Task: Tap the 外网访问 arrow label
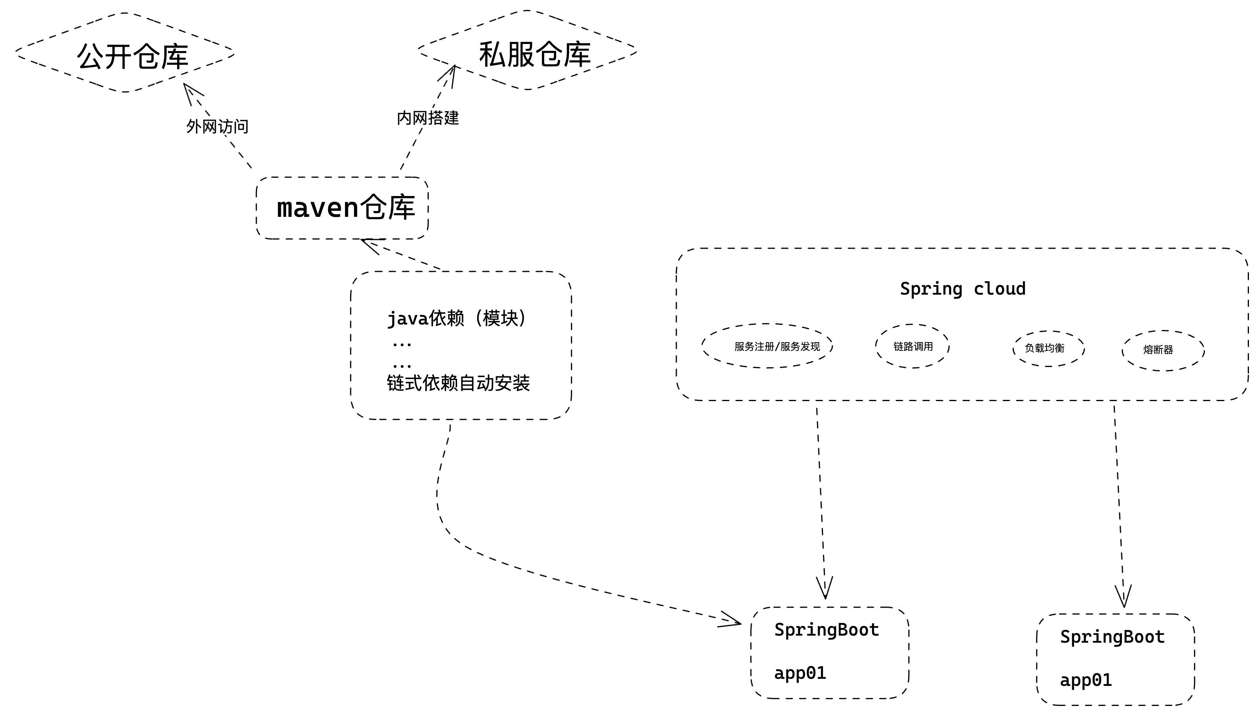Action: click(217, 126)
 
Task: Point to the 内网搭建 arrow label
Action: click(428, 117)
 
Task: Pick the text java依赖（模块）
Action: click(457, 318)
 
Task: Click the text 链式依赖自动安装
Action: click(458, 383)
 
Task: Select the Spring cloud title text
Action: click(962, 288)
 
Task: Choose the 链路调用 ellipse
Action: click(913, 346)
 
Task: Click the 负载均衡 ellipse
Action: click(1048, 348)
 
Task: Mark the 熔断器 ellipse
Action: click(1163, 350)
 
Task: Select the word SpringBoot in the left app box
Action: click(826, 630)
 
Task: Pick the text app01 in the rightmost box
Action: click(1085, 680)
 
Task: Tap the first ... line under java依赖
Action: click(402, 345)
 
